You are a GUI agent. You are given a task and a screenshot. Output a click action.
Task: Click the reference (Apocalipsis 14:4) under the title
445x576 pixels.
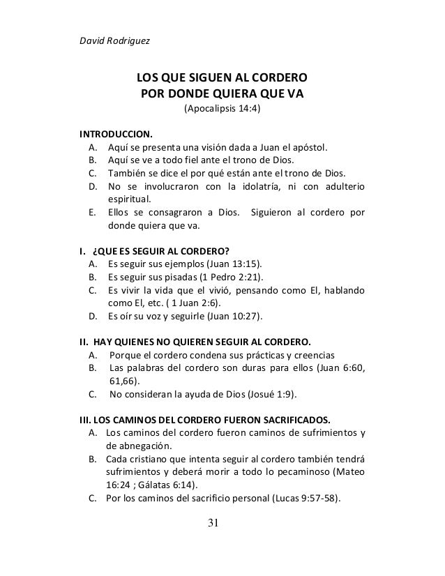[x=222, y=110]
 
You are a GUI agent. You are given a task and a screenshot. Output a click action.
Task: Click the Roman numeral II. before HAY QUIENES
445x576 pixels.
[x=82, y=342]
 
